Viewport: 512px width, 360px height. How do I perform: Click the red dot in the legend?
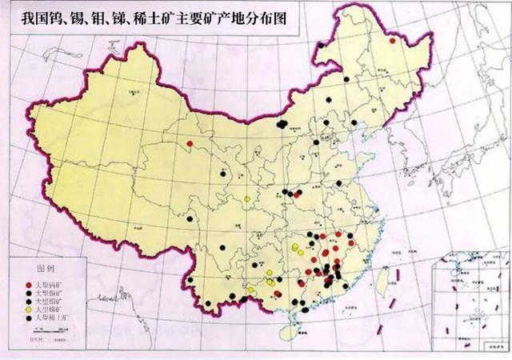29,285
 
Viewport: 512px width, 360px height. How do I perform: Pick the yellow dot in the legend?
29,309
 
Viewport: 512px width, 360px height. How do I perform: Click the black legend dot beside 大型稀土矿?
29,318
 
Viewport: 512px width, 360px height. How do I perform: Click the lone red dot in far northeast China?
393,36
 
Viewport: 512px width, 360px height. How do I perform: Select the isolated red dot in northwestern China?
190,146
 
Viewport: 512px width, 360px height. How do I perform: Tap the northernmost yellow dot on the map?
247,198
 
